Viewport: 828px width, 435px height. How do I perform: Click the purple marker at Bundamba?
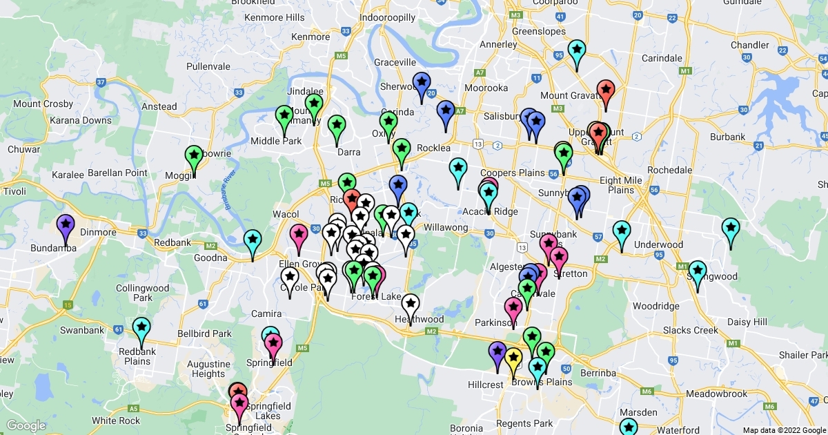click(x=65, y=226)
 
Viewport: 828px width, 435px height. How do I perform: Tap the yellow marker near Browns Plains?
click(x=513, y=359)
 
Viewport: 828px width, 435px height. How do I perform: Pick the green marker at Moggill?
click(x=194, y=157)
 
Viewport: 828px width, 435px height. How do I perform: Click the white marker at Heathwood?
click(x=411, y=304)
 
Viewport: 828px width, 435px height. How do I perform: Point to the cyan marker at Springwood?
click(x=698, y=272)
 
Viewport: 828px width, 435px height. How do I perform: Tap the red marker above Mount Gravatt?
click(x=606, y=91)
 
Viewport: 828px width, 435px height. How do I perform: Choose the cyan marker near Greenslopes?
click(x=576, y=51)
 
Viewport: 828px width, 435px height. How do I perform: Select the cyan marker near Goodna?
click(x=253, y=241)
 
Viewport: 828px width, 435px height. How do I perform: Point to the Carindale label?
click(x=662, y=58)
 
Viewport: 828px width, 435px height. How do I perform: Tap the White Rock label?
click(x=116, y=420)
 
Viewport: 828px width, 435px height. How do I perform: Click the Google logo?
click(x=26, y=425)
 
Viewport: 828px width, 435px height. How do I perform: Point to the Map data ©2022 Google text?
click(x=784, y=430)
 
